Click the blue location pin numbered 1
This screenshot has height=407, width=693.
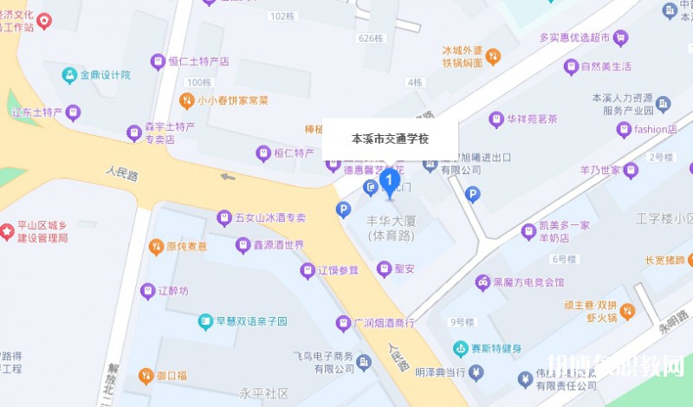tap(390, 181)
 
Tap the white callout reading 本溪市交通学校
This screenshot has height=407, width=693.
tap(390, 139)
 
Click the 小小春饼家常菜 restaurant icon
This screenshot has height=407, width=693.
tap(185, 100)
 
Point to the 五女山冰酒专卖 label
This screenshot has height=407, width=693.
tap(271, 218)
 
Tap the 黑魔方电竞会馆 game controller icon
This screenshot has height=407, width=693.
tap(481, 282)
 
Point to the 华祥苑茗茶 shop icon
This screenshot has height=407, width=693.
tap(496, 120)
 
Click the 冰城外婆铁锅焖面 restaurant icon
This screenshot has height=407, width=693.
tap(492, 57)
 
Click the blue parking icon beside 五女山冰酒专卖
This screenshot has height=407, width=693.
tap(344, 209)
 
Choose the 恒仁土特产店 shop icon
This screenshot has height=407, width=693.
tap(158, 61)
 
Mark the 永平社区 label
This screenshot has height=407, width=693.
tap(265, 392)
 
